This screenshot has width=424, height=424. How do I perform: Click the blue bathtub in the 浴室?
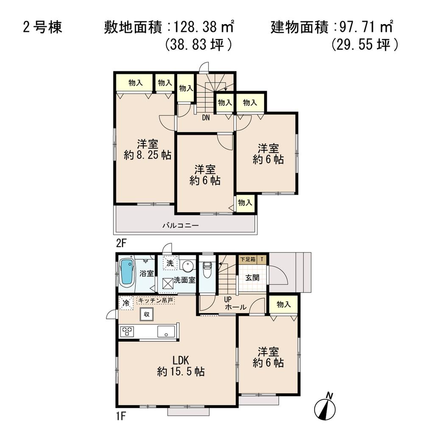point(126,273)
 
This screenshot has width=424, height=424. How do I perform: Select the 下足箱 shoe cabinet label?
point(248,259)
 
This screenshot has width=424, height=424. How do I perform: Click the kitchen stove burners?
point(127,331)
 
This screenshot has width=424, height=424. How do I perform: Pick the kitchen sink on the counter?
point(166,331)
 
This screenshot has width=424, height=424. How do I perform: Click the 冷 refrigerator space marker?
point(126,303)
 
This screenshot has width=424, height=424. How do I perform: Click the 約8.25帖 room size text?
point(148,155)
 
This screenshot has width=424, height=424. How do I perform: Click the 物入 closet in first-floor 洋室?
point(284,304)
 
